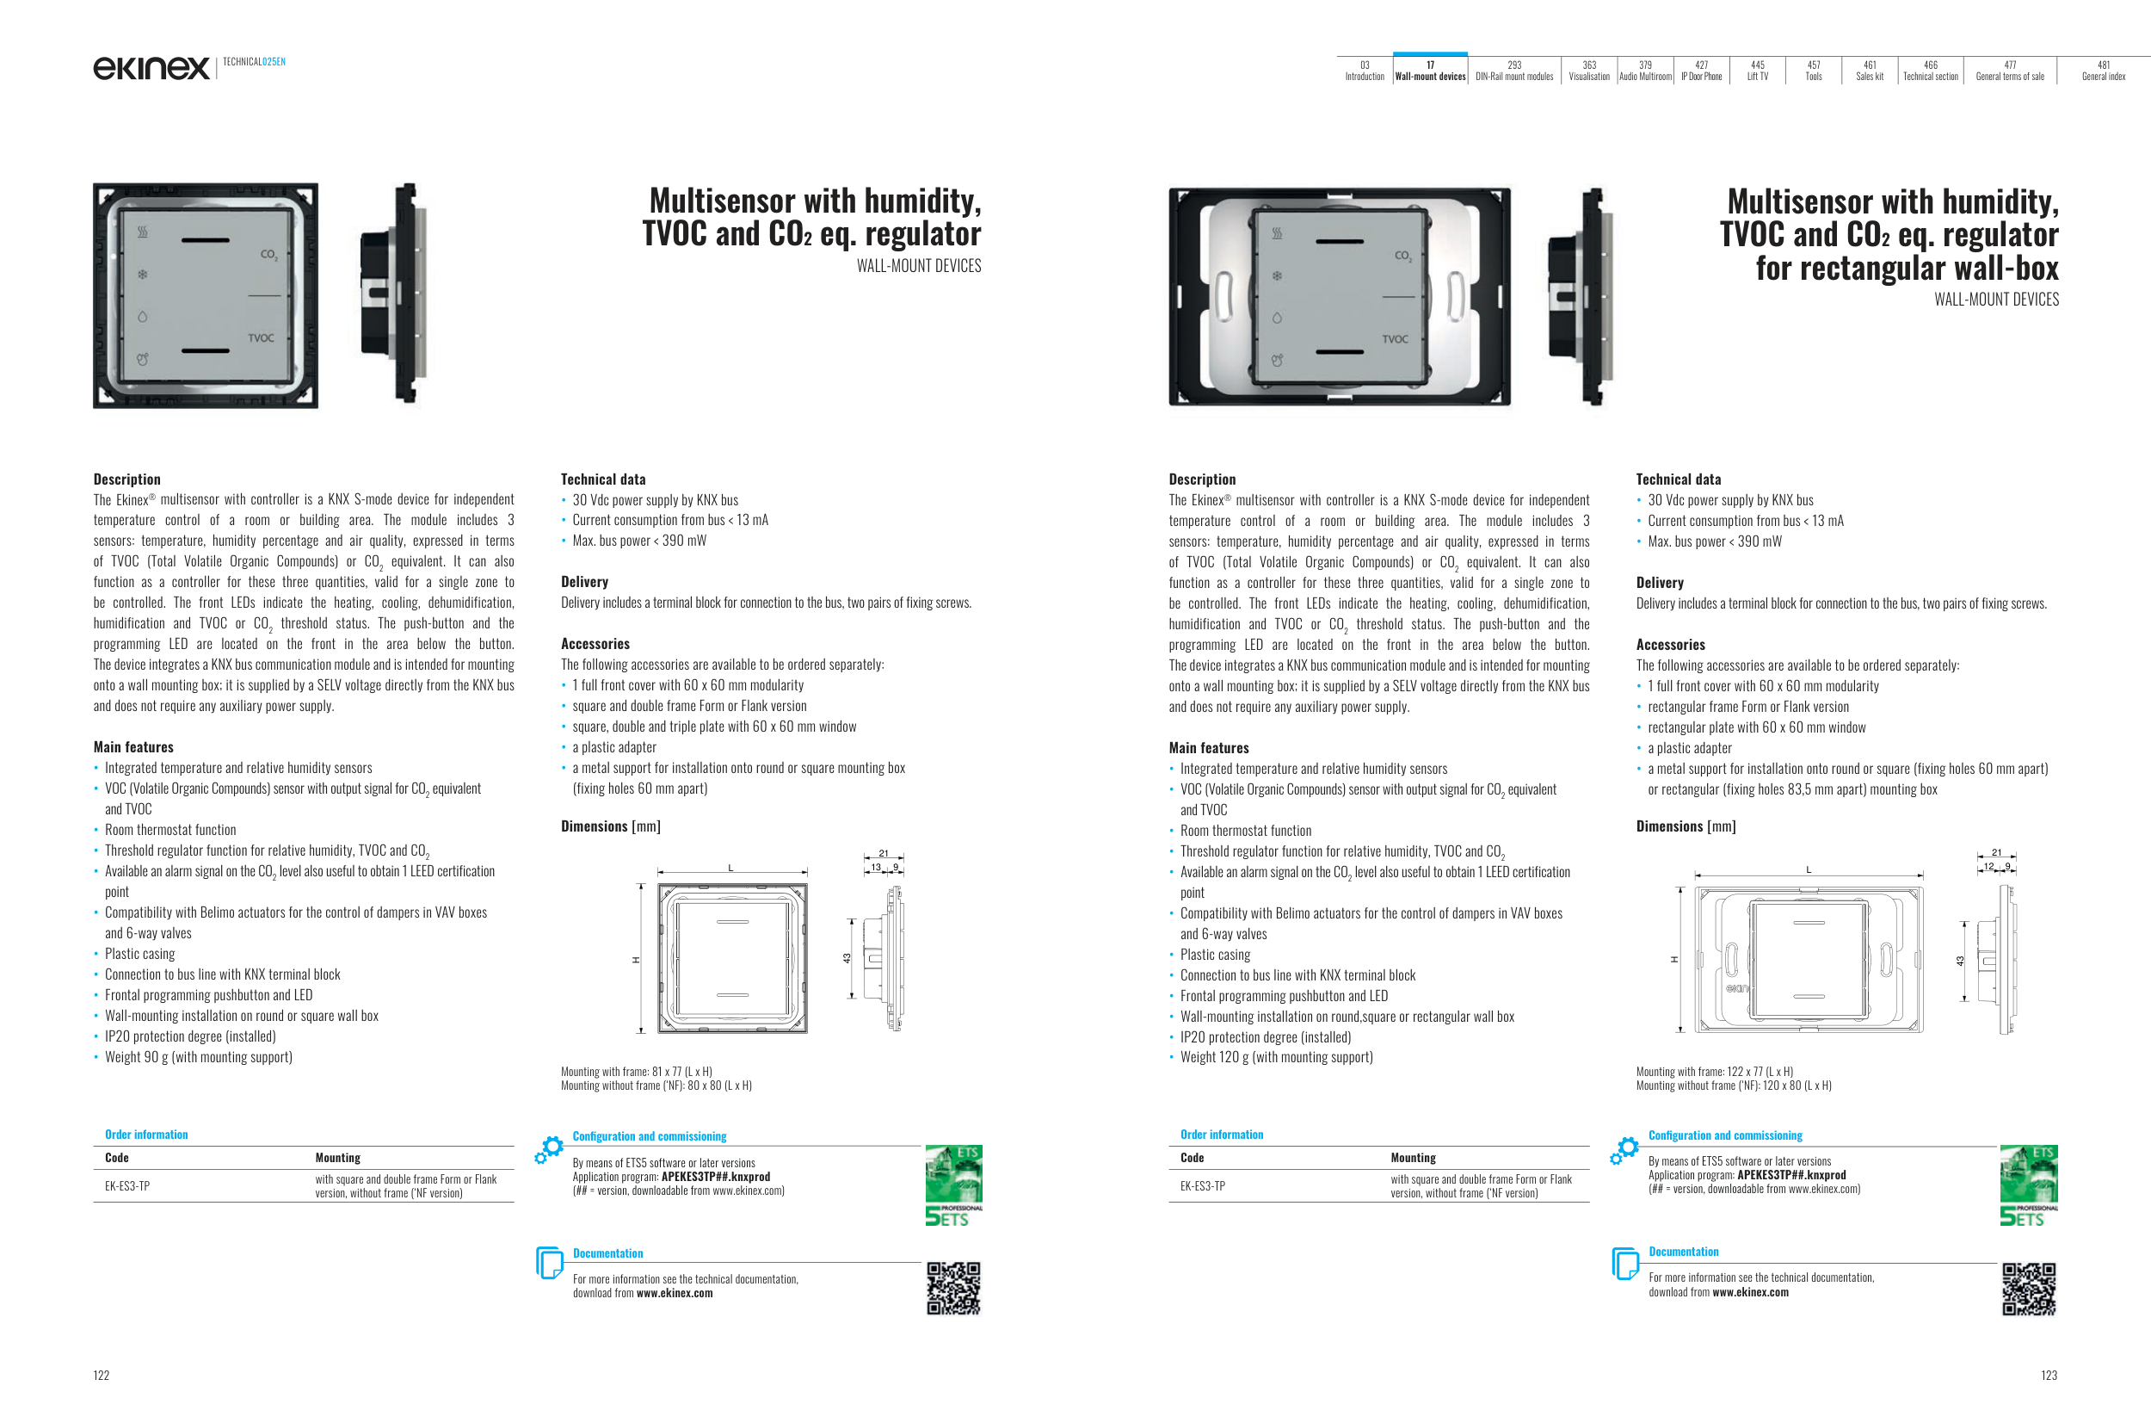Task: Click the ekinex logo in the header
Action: pyautogui.click(x=151, y=68)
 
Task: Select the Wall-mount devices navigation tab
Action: pyautogui.click(x=1430, y=71)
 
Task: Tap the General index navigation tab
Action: pyautogui.click(x=2103, y=71)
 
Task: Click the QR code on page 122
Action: pyautogui.click(x=953, y=1288)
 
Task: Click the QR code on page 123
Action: pyautogui.click(x=2029, y=1289)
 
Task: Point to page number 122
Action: pyautogui.click(x=102, y=1375)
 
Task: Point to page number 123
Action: pyautogui.click(x=2049, y=1375)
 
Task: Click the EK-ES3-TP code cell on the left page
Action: pyautogui.click(x=127, y=1186)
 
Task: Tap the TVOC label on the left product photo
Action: pyautogui.click(x=262, y=338)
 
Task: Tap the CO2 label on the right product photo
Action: pyautogui.click(x=1402, y=256)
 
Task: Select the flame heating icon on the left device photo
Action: pyautogui.click(x=142, y=232)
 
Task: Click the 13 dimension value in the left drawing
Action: pyautogui.click(x=876, y=867)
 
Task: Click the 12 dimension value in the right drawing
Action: pyautogui.click(x=1988, y=866)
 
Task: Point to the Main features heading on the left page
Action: pyautogui.click(x=133, y=746)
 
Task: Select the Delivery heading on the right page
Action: pyautogui.click(x=1660, y=583)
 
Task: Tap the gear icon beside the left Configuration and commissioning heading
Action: pyautogui.click(x=549, y=1149)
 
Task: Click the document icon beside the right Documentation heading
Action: pyautogui.click(x=1625, y=1262)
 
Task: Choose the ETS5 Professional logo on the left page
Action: pyautogui.click(x=953, y=1185)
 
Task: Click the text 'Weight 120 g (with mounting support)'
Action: pyautogui.click(x=1276, y=1057)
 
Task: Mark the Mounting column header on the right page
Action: pyautogui.click(x=1413, y=1157)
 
